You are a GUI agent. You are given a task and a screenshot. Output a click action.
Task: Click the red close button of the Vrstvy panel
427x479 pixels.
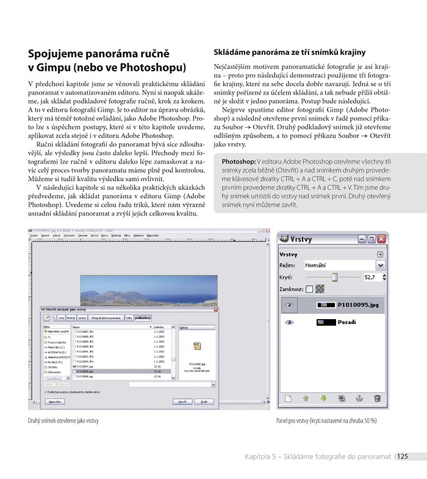click(381, 239)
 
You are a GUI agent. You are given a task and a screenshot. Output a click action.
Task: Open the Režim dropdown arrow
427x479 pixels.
click(381, 265)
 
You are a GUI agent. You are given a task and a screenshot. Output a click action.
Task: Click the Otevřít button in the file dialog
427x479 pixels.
click(182, 402)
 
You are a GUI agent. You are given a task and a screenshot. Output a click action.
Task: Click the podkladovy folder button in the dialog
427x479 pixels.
click(143, 318)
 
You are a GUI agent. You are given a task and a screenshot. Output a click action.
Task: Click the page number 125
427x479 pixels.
click(401, 456)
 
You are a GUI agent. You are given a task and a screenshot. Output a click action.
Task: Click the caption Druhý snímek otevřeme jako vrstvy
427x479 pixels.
click(63, 420)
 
